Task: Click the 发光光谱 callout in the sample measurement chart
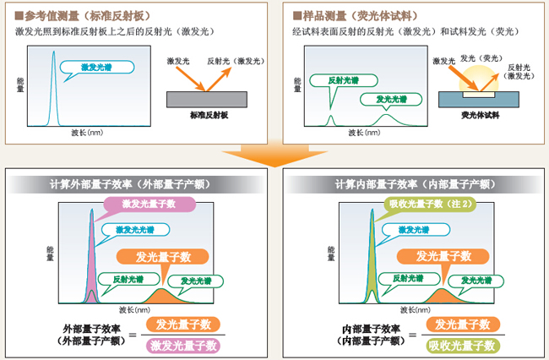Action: coord(389,99)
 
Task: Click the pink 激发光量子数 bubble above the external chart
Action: coord(149,204)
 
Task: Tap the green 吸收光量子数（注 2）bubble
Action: coord(424,204)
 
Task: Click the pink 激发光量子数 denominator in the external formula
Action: coord(183,344)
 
